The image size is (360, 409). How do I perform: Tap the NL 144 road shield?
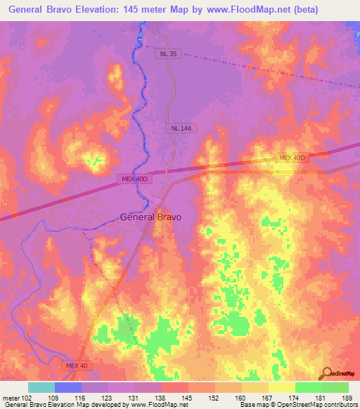tap(180, 129)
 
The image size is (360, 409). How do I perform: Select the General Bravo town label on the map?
tap(150, 217)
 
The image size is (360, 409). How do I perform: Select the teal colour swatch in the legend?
tap(41, 387)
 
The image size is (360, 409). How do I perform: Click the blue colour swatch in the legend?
tap(68, 387)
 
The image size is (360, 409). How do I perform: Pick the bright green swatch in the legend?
tap(308, 387)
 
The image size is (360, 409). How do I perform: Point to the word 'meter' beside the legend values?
tap(11, 398)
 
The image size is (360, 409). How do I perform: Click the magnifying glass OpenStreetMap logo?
tap(327, 373)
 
